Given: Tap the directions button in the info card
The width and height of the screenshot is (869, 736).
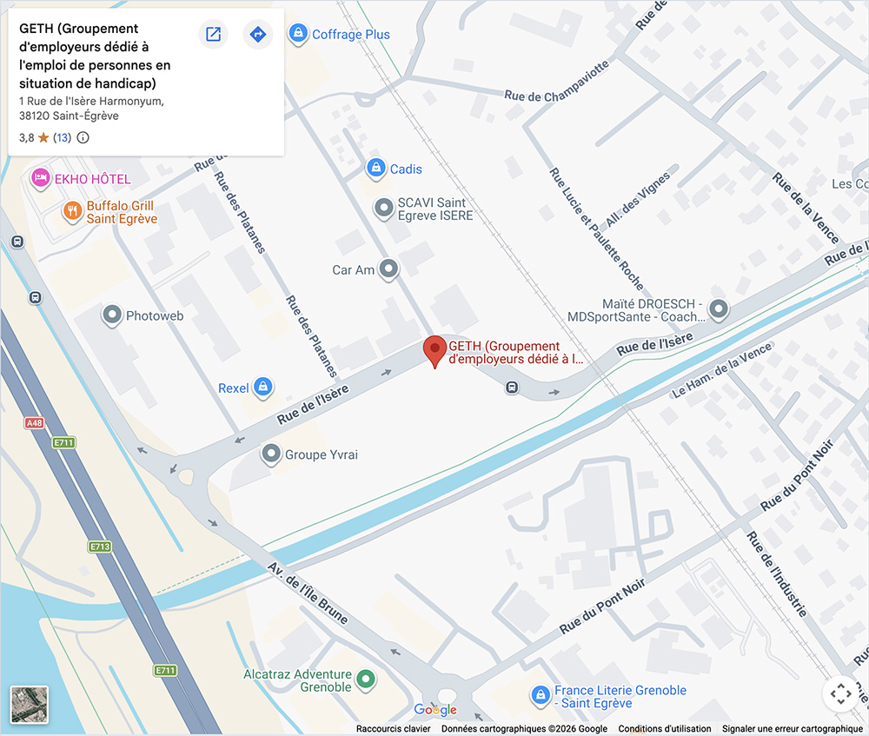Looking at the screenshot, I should click(257, 35).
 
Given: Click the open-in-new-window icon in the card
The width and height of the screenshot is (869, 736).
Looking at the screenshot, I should click(213, 35).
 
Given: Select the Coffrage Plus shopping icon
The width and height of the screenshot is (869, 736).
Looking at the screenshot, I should click(298, 34).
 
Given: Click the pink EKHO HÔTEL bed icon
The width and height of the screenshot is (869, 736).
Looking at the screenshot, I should click(40, 179).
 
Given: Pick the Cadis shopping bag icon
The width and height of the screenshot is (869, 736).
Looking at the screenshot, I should click(375, 169).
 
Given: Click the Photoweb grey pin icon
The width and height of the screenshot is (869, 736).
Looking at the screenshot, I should click(111, 315).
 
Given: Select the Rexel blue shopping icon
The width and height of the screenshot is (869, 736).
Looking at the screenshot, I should click(263, 388).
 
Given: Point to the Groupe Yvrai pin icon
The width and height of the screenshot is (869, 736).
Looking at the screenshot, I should click(271, 454).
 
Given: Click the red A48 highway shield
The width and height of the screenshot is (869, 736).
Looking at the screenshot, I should click(34, 423).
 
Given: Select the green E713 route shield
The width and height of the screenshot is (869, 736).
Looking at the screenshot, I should click(99, 547).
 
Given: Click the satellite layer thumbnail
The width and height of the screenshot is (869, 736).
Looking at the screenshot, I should click(29, 704).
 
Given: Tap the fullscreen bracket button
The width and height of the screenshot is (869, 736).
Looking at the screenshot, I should click(839, 693).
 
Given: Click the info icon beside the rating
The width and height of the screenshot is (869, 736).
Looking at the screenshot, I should click(83, 137).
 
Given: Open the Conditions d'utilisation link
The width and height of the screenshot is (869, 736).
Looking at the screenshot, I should click(664, 729).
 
